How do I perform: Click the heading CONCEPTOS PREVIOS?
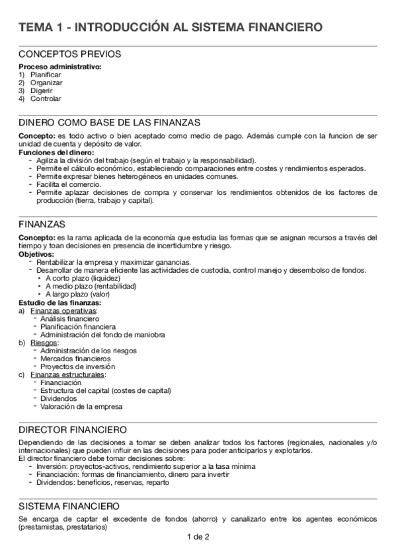(x=69, y=54)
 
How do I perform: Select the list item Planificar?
(x=46, y=75)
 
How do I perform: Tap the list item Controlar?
(x=46, y=99)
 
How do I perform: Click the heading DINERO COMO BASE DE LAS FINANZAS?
(x=110, y=123)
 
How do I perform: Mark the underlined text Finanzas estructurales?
(x=67, y=374)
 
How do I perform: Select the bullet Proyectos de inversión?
(x=77, y=367)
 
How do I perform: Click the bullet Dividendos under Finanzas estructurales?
(x=58, y=398)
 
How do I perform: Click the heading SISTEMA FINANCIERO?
(x=69, y=507)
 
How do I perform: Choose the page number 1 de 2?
(x=198, y=537)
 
